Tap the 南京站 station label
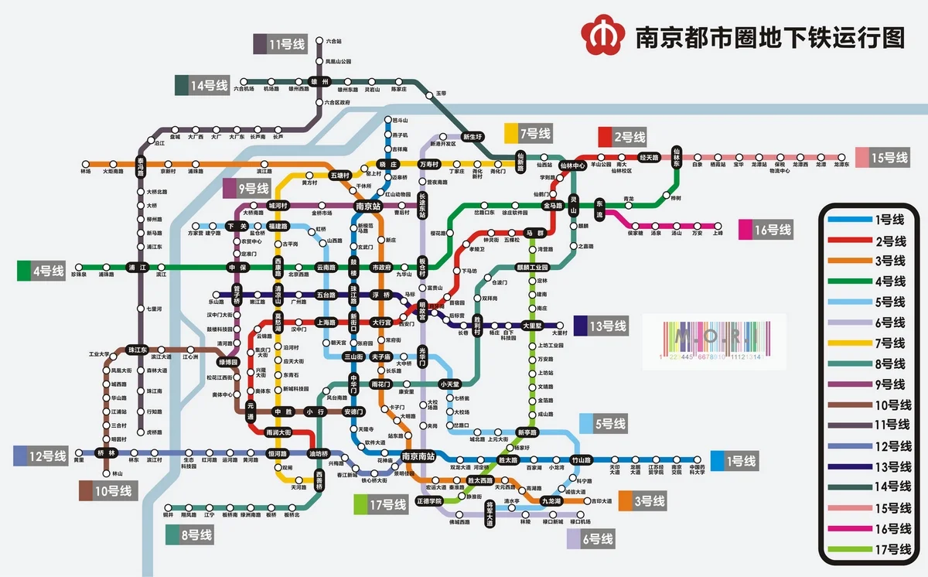(x=368, y=207)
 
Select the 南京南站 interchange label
(x=418, y=456)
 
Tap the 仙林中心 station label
(x=573, y=165)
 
